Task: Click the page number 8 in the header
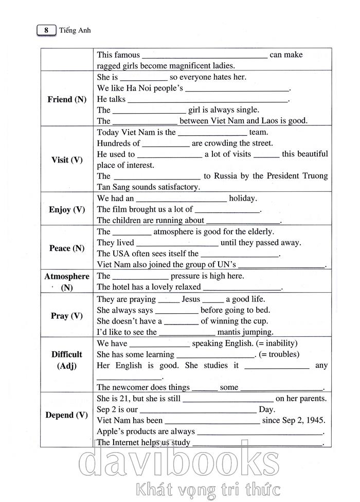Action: pos(46,31)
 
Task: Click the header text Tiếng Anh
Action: pos(75,31)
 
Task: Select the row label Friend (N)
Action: pos(67,99)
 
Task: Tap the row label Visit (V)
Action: pos(67,160)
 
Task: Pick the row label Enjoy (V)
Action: pos(67,210)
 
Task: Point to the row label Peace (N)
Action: pos(67,248)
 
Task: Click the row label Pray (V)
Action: pos(67,316)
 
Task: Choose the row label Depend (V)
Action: pos(67,415)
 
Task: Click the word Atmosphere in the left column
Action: pos(67,276)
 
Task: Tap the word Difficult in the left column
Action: pos(67,354)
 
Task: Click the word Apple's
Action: pos(111,432)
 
